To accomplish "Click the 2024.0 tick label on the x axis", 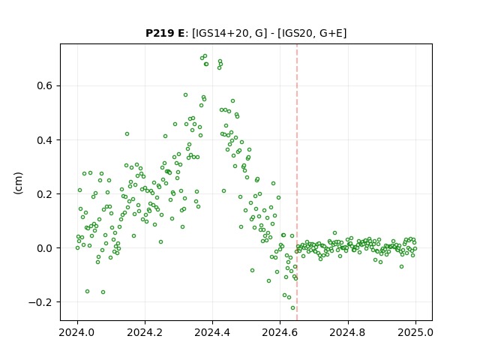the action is coord(77,332).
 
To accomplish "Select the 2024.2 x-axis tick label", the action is coord(145,332).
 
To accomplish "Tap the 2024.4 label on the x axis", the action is coord(212,332).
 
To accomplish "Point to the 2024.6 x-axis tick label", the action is coord(280,332).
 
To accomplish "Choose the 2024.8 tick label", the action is coord(347,332).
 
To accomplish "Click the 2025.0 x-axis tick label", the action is coord(415,332).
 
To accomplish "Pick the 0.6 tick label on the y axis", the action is coord(45,85).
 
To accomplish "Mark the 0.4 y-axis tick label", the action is coord(45,140).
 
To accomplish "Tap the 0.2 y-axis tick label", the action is coord(45,193).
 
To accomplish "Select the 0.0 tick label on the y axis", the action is coord(45,248).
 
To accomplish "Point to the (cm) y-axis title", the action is coord(18,183).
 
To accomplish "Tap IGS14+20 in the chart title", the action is coord(220,33).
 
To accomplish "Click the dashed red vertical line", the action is coord(297,182).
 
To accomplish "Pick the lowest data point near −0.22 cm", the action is coord(293,308).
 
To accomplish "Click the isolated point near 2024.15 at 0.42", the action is coord(127,133).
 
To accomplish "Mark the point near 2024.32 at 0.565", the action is coord(185,95).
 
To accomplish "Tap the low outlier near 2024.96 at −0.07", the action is coord(402,267).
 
